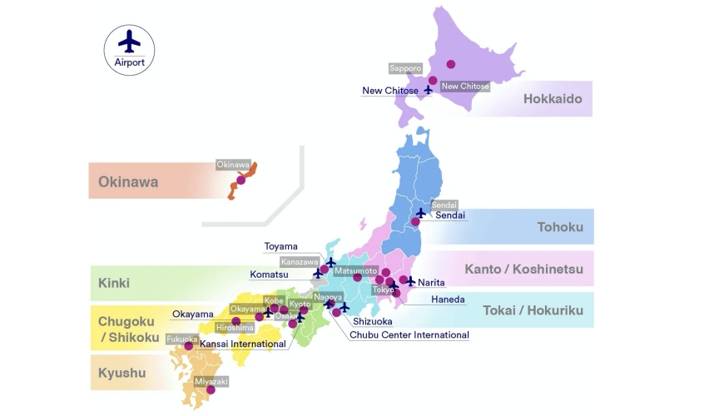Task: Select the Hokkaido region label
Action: (552, 99)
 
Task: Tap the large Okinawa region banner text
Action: (128, 181)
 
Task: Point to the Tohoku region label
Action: (560, 227)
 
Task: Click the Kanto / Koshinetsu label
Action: (535, 269)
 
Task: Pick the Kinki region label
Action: (114, 283)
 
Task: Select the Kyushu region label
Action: (121, 373)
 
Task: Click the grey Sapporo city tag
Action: (405, 68)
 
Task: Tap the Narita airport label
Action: (431, 283)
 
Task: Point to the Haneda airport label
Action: (448, 300)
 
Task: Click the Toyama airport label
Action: (280, 246)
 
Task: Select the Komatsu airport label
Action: (269, 274)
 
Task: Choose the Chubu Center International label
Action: (409, 335)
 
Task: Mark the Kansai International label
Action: (242, 344)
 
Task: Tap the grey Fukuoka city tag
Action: (182, 339)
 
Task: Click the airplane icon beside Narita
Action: (410, 281)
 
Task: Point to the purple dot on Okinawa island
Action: (241, 180)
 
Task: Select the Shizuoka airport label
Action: (372, 321)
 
